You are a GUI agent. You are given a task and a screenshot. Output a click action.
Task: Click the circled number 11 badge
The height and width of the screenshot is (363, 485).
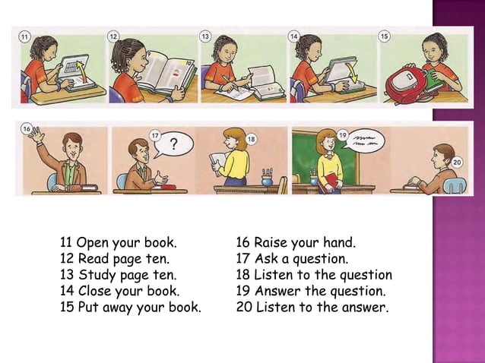[x=24, y=36]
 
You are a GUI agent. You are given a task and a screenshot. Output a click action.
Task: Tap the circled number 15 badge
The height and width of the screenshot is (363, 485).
[x=385, y=36]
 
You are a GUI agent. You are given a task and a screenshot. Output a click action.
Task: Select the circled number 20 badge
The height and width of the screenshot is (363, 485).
[x=456, y=163]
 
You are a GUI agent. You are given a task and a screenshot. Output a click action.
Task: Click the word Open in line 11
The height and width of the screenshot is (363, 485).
[x=93, y=244]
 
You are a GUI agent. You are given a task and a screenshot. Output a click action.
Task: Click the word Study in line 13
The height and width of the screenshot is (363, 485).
[x=95, y=276]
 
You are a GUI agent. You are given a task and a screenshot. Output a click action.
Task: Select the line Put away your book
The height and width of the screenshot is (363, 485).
[x=130, y=308]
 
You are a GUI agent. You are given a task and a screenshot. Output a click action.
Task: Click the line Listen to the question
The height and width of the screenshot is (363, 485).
[x=314, y=276]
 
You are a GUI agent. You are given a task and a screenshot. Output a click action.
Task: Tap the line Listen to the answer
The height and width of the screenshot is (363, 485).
[x=312, y=308]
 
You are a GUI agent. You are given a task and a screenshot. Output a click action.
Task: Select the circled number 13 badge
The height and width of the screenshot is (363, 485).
[x=205, y=36]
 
